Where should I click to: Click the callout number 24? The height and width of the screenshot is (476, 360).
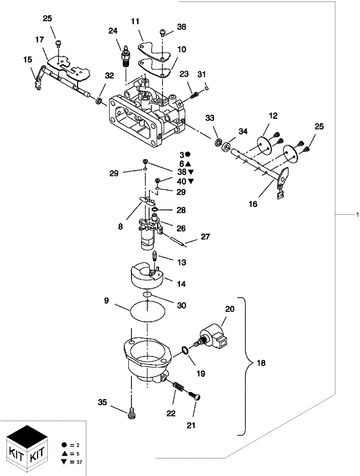click(112, 31)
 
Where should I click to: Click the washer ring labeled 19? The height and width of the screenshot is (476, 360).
click(184, 352)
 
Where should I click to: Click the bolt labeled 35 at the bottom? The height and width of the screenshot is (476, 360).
click(130, 415)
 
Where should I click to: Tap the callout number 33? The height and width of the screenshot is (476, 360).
click(210, 118)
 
